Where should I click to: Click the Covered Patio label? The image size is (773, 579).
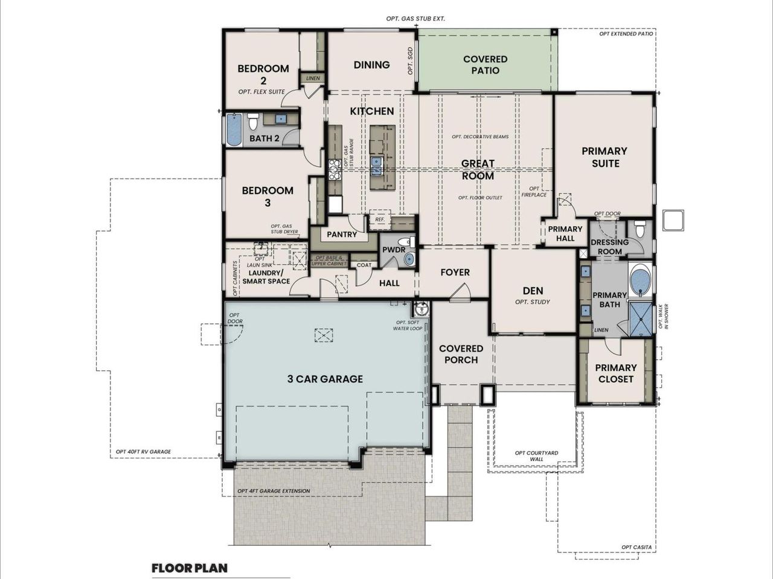485,65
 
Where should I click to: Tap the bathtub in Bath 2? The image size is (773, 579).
234,129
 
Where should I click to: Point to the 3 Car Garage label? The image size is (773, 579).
325,379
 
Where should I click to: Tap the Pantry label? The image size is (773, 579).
342,234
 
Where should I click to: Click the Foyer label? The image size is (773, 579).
455,273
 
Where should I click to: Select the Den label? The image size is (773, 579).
533,291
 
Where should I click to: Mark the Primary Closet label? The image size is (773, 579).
615,373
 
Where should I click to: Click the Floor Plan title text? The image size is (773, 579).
190,568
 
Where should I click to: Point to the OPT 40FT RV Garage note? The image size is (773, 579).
143,451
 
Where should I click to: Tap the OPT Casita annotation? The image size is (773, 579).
636,547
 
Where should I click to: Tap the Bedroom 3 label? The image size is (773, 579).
268,197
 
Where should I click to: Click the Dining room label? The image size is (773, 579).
371,65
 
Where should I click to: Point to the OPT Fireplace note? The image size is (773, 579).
534,192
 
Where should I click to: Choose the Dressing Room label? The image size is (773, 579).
609,247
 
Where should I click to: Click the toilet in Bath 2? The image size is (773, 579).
254,122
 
